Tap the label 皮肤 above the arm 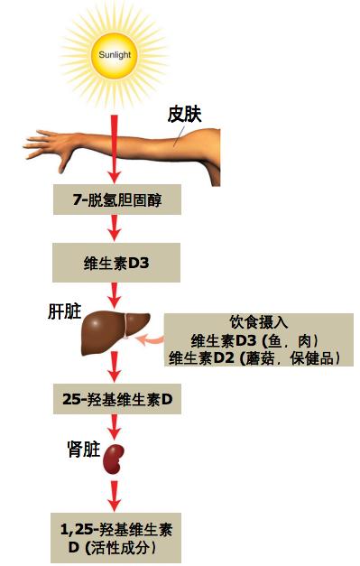point(188,115)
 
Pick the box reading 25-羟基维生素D point(116,398)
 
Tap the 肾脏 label point(84,448)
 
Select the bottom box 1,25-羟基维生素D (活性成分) point(116,538)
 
